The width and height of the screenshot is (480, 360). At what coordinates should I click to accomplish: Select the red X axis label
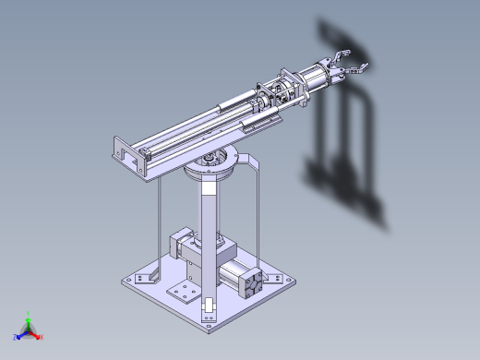(42, 337)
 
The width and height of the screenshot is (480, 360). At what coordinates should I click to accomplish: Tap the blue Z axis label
(16, 337)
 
